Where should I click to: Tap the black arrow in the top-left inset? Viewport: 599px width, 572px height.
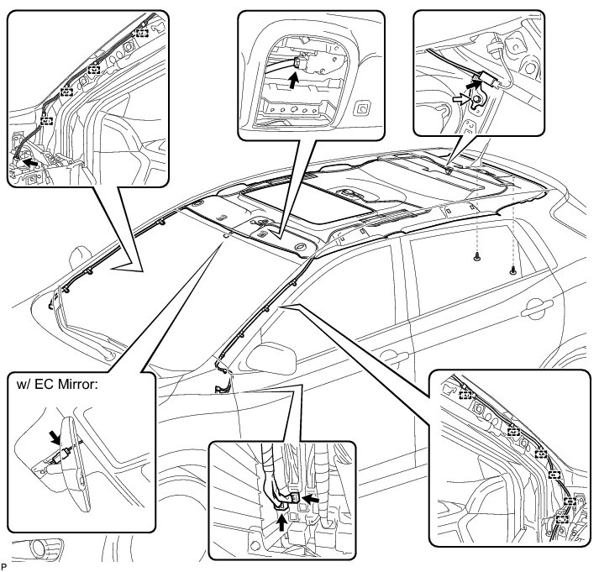30,158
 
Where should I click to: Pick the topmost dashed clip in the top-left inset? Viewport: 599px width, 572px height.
142,33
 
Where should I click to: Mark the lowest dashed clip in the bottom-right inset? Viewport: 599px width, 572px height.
561,519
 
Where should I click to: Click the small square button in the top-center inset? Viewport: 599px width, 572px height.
362,108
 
